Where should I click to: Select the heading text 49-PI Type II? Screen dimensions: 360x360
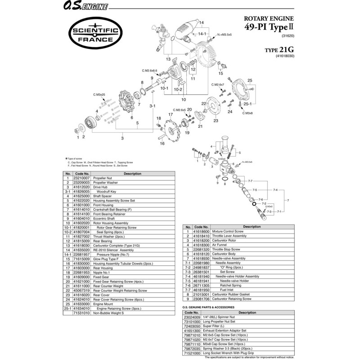tap(270, 27)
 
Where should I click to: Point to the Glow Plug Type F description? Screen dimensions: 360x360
tap(108, 259)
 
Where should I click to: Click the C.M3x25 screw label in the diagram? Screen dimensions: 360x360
tap(99, 95)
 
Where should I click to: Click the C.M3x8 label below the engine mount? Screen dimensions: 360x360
tap(247, 113)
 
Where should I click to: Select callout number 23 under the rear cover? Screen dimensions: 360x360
tap(216, 121)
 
